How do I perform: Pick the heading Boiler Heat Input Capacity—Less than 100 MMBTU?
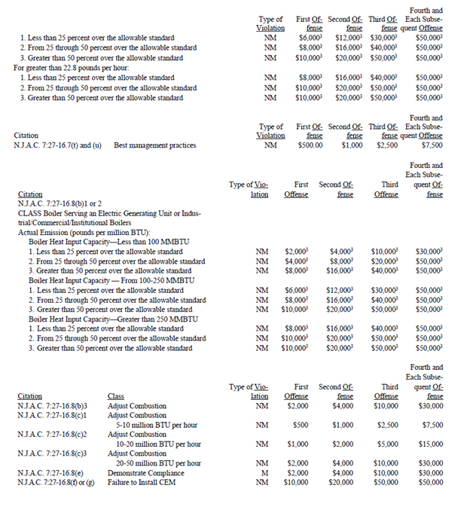(x=109, y=242)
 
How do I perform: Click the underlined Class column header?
(x=116, y=395)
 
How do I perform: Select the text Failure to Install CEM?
(x=142, y=482)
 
